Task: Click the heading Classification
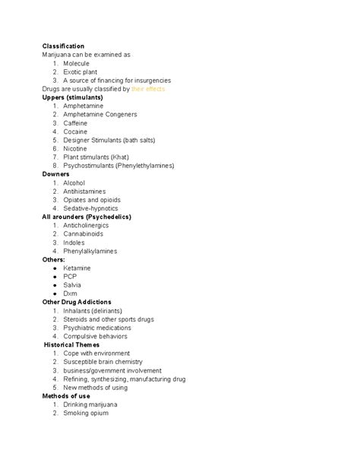click(63, 46)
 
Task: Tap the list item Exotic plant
click(81, 72)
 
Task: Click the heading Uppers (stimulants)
click(72, 97)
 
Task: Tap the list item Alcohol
click(74, 183)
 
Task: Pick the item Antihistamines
click(84, 192)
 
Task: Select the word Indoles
click(74, 243)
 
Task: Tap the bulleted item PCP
click(70, 277)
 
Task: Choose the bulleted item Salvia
click(72, 285)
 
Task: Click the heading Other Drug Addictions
click(77, 302)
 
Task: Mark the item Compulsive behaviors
click(95, 336)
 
